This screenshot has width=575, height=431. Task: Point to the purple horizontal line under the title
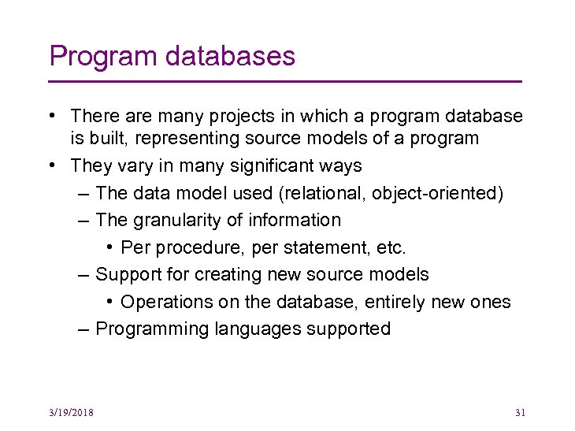(285, 81)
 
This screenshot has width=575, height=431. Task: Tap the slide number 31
(519, 412)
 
